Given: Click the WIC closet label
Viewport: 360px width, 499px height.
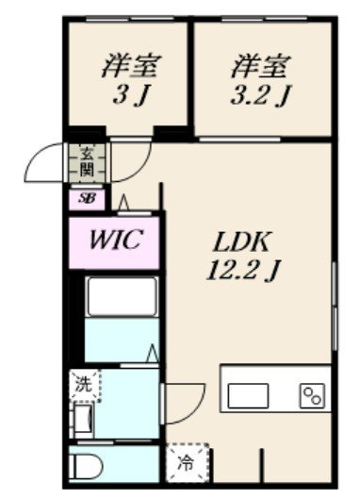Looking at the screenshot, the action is click(114, 240).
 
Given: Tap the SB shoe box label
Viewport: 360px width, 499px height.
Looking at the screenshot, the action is click(87, 199).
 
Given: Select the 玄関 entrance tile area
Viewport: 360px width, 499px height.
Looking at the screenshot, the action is click(87, 163).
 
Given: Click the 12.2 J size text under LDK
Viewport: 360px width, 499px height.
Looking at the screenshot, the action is click(242, 271).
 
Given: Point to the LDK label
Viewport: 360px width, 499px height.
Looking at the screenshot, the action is click(242, 242).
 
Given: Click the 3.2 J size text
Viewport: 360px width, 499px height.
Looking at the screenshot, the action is click(260, 94).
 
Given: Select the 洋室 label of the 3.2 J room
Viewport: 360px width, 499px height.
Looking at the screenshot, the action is click(260, 66).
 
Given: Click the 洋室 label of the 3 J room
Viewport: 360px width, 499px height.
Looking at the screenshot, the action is click(131, 66).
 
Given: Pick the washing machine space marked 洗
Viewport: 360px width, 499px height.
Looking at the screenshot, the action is click(85, 385).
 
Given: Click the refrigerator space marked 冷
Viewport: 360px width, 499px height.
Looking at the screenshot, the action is click(188, 462).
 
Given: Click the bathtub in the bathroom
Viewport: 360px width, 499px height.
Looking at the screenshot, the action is click(123, 296).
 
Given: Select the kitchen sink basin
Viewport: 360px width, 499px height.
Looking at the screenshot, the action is click(248, 395).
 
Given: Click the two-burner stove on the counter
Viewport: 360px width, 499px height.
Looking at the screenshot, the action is click(312, 395).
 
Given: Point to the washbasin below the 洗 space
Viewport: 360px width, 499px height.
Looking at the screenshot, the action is click(83, 420).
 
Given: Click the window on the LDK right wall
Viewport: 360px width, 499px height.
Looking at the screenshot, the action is click(335, 307).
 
